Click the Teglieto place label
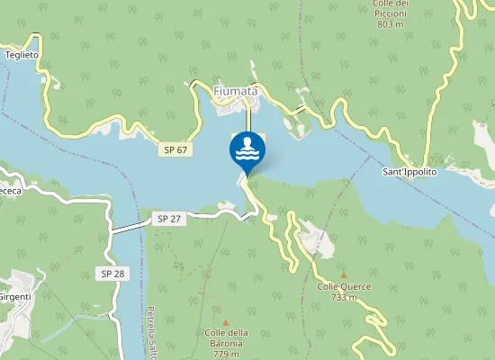click(x=22, y=55)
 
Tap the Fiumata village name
click(x=236, y=91)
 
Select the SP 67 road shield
click(x=175, y=149)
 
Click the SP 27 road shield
click(x=168, y=219)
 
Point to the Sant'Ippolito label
click(x=409, y=171)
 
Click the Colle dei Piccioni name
click(x=390, y=8)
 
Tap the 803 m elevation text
click(x=390, y=24)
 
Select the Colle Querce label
click(x=344, y=286)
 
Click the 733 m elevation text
click(x=344, y=297)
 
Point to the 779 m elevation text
click(x=226, y=354)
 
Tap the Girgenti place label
click(x=14, y=297)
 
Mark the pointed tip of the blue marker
click(x=247, y=175)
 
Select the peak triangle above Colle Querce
click(x=344, y=274)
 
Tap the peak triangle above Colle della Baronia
click(x=226, y=322)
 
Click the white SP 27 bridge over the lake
click(x=128, y=226)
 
